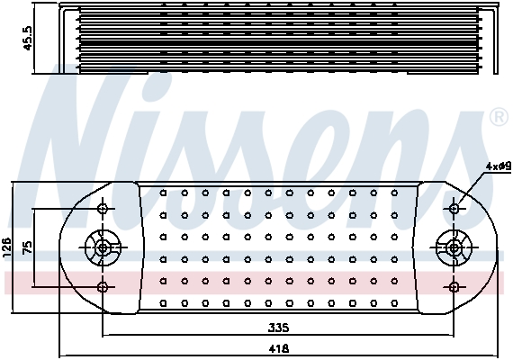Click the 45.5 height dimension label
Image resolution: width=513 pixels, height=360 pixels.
click(x=28, y=38)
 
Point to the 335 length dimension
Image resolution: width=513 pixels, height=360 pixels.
click(x=279, y=328)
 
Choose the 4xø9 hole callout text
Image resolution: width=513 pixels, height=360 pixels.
click(x=498, y=166)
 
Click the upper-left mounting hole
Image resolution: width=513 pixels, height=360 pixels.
click(x=105, y=209)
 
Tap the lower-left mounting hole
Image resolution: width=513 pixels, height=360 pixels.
click(x=105, y=287)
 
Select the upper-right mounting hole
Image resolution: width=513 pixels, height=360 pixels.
click(x=454, y=209)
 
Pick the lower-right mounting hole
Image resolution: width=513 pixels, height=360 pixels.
click(x=454, y=287)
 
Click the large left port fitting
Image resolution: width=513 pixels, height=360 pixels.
click(x=104, y=247)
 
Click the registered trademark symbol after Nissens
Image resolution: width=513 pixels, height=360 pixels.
click(x=498, y=118)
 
